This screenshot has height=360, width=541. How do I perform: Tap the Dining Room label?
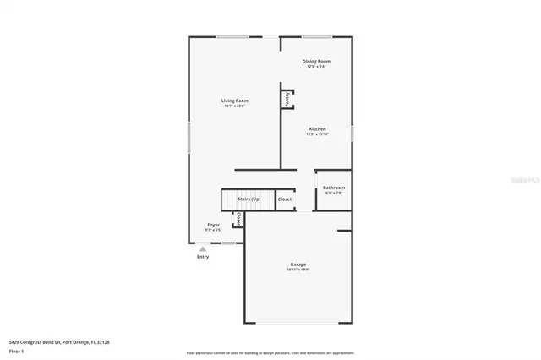click(316, 62)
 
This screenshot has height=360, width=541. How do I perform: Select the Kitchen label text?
click(316, 129)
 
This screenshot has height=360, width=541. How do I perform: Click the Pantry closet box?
click(287, 99)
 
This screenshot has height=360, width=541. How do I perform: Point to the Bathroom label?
click(333, 188)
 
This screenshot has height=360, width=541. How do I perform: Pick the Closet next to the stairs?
click(285, 199)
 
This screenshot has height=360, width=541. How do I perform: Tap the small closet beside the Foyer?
click(238, 219)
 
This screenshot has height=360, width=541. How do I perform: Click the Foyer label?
click(214, 225)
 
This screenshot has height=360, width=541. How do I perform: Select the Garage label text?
click(298, 265)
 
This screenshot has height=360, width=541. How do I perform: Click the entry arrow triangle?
click(202, 249)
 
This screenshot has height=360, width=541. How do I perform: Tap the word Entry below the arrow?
click(203, 257)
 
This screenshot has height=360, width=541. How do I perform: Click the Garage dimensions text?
click(298, 270)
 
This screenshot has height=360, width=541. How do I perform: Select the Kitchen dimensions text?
click(317, 135)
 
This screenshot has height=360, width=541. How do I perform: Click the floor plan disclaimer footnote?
click(270, 352)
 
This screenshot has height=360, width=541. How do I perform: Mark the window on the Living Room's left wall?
click(189, 138)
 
